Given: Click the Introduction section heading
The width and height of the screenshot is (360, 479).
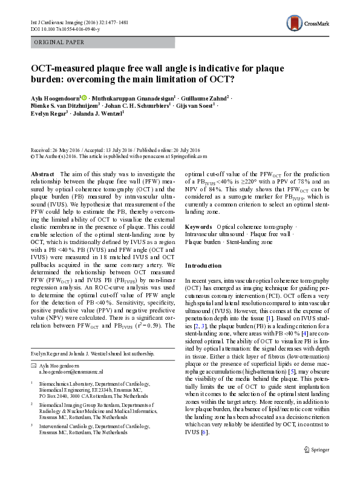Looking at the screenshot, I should pos(204,266).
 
